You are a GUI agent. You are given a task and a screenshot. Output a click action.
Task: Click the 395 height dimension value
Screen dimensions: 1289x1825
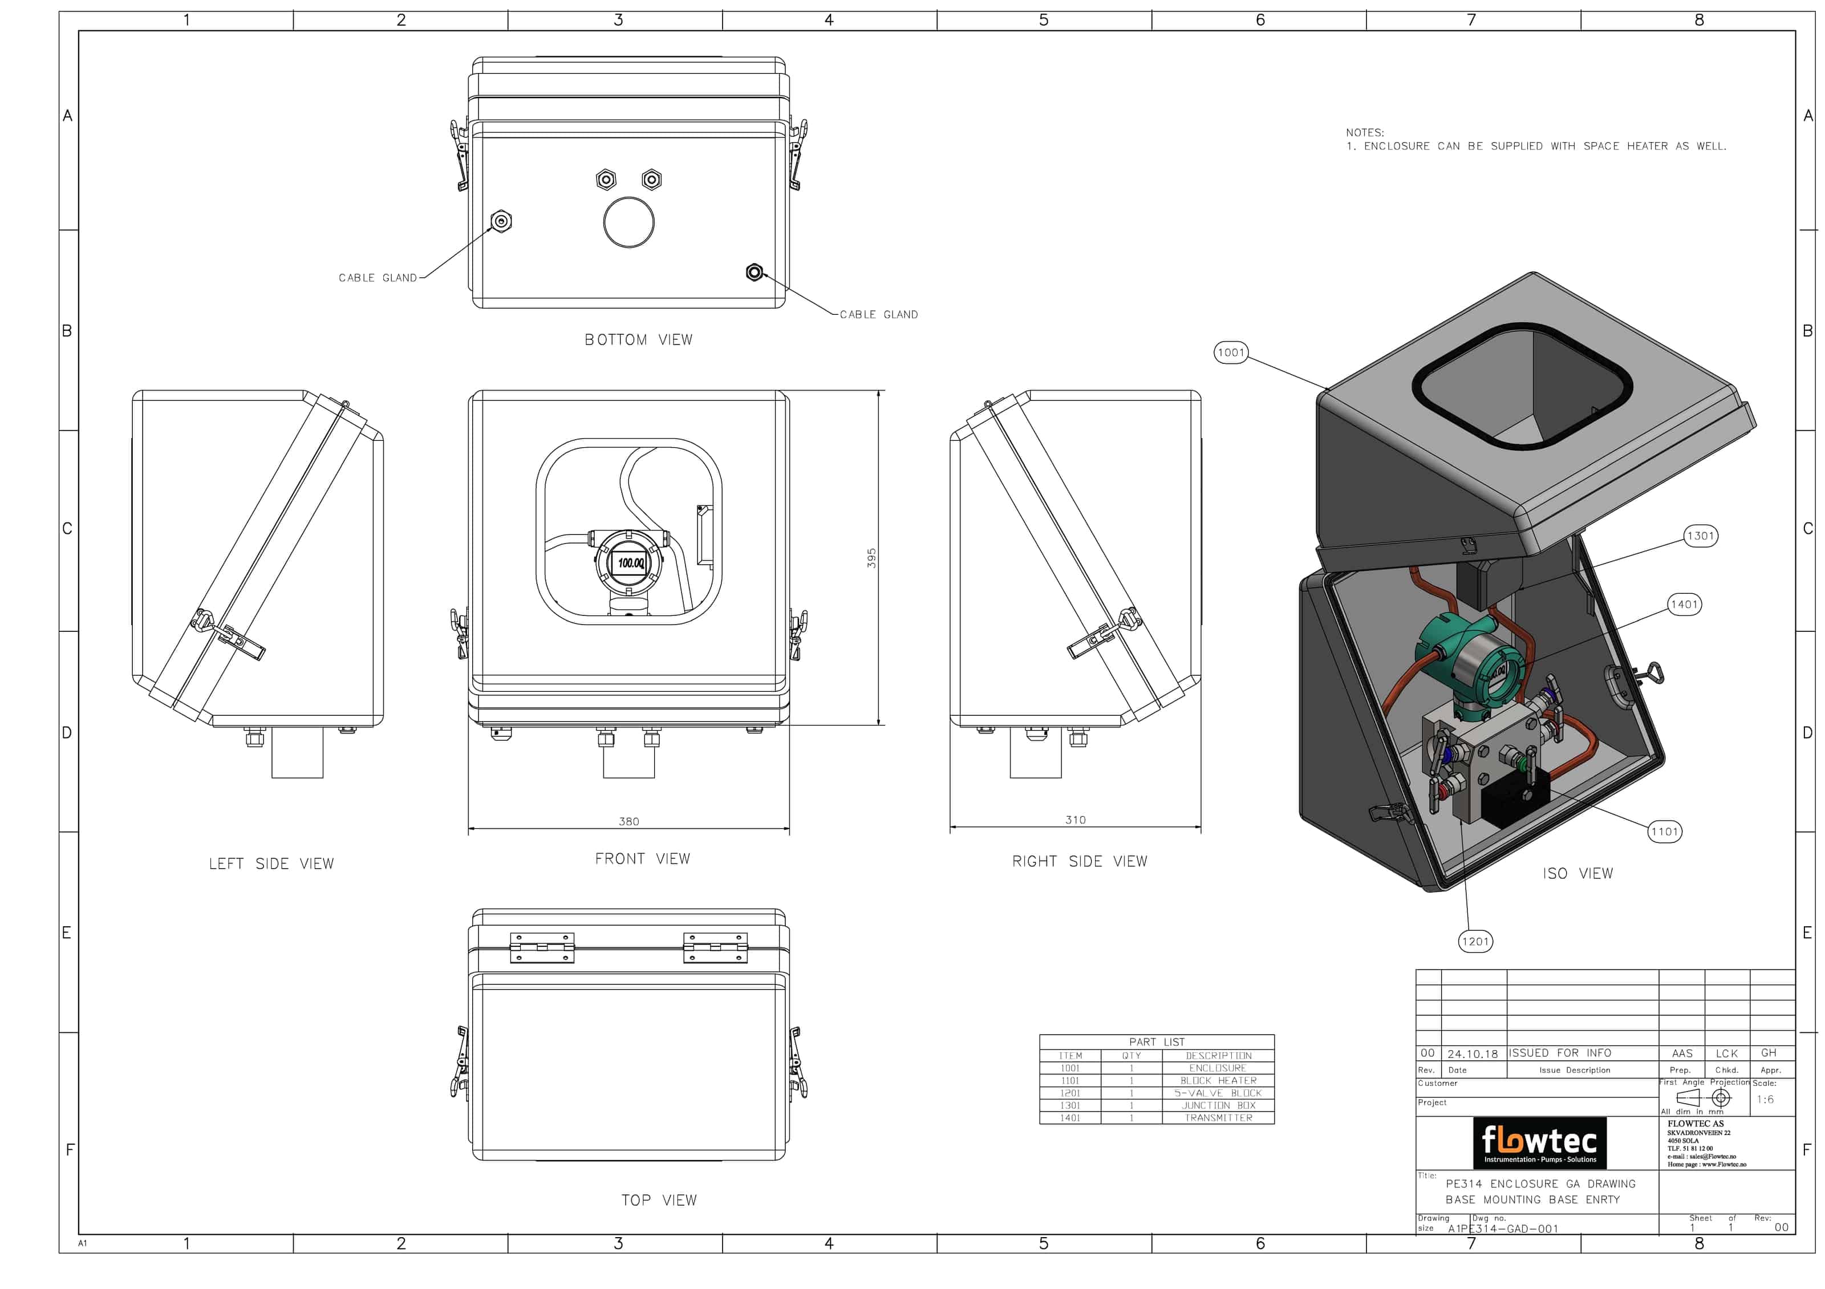[x=871, y=557]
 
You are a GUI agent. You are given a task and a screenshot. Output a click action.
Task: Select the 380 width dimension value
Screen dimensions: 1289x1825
[x=628, y=822]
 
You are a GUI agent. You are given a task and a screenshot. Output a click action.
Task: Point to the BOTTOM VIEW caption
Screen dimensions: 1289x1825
[x=638, y=339]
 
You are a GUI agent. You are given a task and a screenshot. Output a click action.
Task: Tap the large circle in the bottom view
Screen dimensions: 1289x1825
[x=628, y=222]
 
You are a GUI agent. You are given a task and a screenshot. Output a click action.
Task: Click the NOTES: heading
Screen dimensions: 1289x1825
[x=1364, y=133]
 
